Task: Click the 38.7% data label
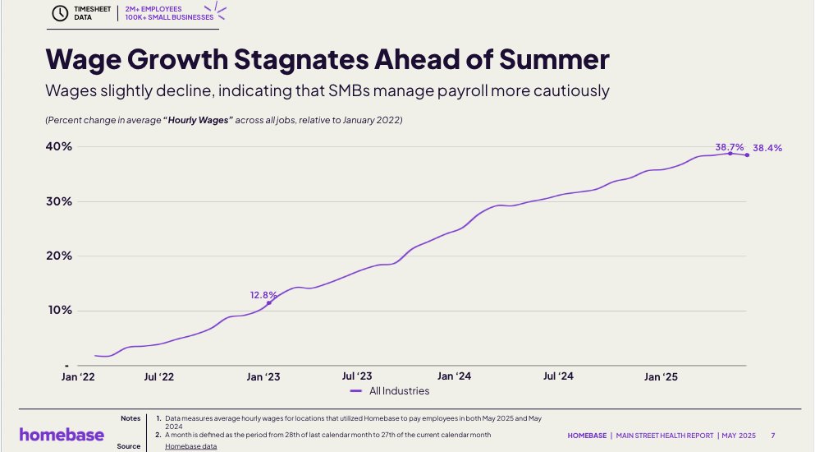tap(729, 145)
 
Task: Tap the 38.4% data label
tap(767, 149)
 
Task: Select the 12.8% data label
tap(263, 294)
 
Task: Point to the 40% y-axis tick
tap(58, 146)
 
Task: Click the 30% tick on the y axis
tap(58, 201)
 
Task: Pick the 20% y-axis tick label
tap(58, 256)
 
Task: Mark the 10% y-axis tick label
tap(58, 311)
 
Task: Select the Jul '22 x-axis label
tap(158, 376)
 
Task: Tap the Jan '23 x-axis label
tap(263, 376)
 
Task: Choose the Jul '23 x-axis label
tap(357, 376)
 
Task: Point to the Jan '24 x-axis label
tap(454, 376)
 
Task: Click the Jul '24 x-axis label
tap(558, 376)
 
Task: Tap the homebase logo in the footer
tap(62, 434)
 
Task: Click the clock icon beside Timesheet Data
tap(60, 13)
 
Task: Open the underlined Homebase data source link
tap(190, 446)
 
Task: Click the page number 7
tap(773, 434)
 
